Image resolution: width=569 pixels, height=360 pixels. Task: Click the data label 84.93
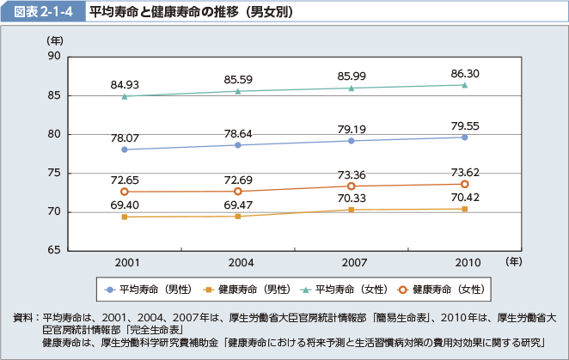point(125,84)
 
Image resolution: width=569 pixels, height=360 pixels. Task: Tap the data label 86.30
point(464,74)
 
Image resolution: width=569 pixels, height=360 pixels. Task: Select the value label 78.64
point(238,133)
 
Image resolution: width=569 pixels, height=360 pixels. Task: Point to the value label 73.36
point(352,174)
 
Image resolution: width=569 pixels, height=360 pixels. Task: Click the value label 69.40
point(125,205)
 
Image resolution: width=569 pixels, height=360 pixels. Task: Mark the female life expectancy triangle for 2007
point(352,88)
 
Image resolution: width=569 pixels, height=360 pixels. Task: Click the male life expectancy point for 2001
point(125,149)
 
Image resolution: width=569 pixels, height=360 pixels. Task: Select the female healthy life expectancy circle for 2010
point(464,184)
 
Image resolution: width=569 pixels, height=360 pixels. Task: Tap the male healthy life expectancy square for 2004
point(238,216)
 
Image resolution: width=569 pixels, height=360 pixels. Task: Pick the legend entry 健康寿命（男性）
point(240,288)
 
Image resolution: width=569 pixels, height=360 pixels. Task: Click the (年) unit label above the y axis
point(55,40)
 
